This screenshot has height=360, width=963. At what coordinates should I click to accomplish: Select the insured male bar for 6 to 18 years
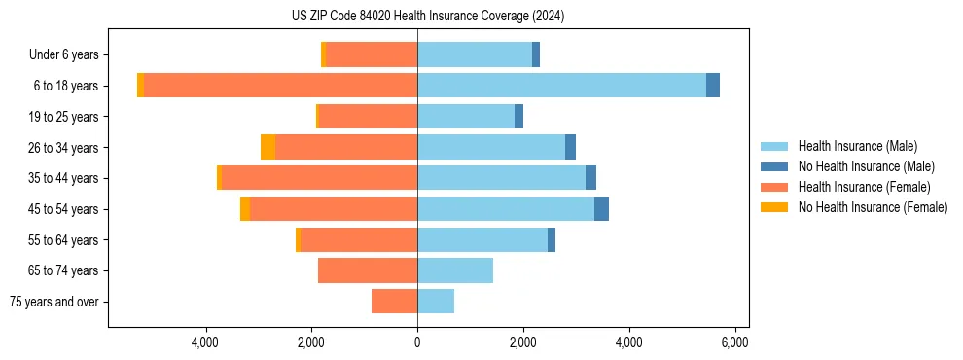(561, 86)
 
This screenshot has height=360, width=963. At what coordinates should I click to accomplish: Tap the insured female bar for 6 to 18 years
(280, 86)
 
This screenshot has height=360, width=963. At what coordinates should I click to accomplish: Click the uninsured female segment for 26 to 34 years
(267, 147)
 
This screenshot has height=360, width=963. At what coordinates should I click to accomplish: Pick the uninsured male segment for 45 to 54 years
(601, 209)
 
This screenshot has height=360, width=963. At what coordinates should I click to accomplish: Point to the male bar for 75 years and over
(436, 302)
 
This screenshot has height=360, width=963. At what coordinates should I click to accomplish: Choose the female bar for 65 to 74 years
(368, 270)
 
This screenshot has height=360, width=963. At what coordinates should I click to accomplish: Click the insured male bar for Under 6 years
(475, 54)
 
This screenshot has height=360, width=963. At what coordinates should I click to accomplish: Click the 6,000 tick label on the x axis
(734, 342)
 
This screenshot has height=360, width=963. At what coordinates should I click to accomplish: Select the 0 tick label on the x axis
(417, 342)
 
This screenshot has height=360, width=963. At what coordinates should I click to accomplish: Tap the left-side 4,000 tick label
(205, 342)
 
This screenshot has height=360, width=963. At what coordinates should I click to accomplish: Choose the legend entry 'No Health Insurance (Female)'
(873, 207)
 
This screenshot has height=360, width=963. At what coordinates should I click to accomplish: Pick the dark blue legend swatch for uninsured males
(775, 166)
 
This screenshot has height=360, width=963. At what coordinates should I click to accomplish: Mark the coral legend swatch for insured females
(775, 187)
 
